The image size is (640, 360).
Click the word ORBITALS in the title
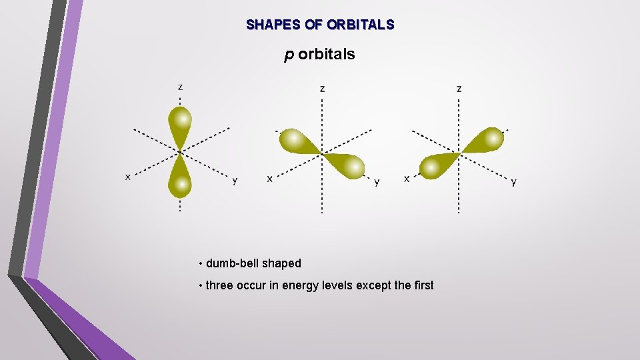tap(361, 25)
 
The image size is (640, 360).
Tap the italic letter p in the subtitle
tap(289, 55)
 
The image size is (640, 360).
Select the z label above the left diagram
tap(180, 87)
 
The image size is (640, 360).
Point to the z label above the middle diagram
tap(323, 88)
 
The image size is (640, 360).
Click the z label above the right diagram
tap(459, 88)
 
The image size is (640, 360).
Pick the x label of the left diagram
tap(128, 177)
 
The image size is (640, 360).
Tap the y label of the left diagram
tap(235, 180)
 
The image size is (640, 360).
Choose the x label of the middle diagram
tap(269, 179)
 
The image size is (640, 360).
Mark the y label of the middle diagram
tap(377, 181)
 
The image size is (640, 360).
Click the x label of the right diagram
tap(407, 179)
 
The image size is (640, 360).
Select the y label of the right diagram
tap(513, 181)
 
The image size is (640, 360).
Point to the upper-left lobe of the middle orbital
tap(296, 141)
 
